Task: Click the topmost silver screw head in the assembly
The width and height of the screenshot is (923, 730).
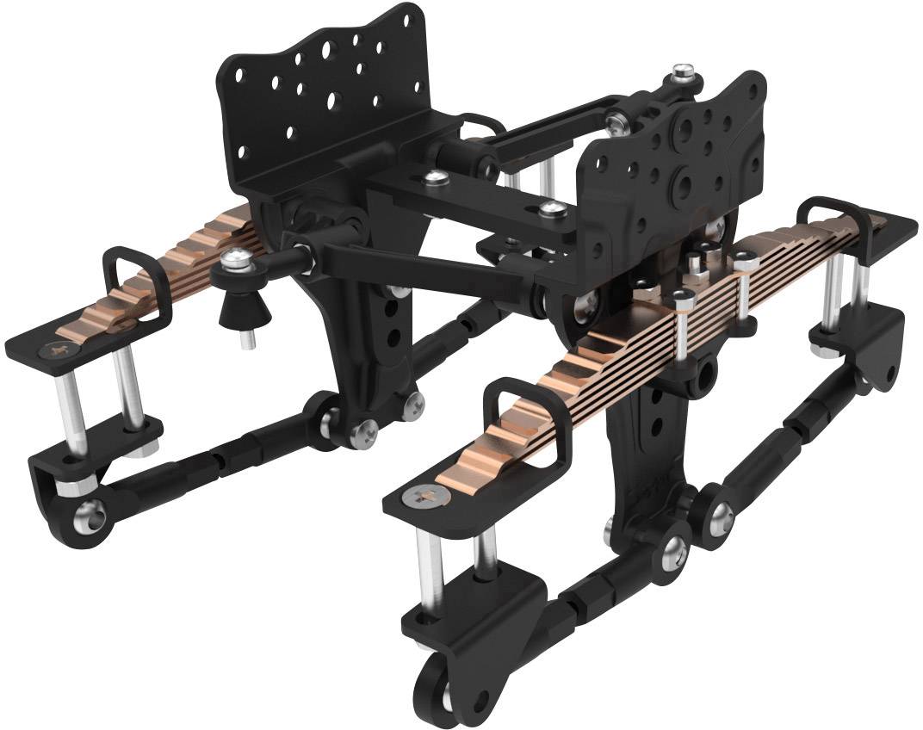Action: coord(684,71)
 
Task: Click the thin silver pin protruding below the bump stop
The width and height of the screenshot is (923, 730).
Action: coord(246,343)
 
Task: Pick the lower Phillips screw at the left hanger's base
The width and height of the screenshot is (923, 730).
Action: coord(365,436)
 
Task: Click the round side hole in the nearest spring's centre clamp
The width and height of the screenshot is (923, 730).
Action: coord(708,373)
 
